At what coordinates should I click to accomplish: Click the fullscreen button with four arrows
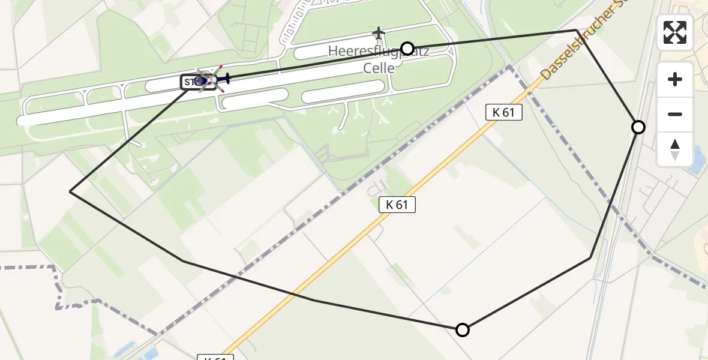pos(675,32)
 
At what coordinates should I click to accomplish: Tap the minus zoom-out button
pos(675,114)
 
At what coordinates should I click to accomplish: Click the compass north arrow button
pos(675,149)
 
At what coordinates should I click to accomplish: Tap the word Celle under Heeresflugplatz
pos(379,68)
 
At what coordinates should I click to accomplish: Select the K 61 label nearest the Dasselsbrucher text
pos(503,112)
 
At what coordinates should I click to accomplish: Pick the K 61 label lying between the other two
pos(397,205)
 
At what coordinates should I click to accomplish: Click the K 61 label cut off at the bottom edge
pos(215,358)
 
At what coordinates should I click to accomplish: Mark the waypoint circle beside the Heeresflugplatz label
pos(407,48)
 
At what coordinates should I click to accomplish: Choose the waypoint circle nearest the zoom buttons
pos(638,127)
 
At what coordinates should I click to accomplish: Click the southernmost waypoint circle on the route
pos(463,329)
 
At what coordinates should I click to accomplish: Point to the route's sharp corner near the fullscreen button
pos(577,30)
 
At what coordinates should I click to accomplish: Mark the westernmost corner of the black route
pos(71,192)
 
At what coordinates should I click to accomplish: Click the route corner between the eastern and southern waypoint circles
pos(591,257)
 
